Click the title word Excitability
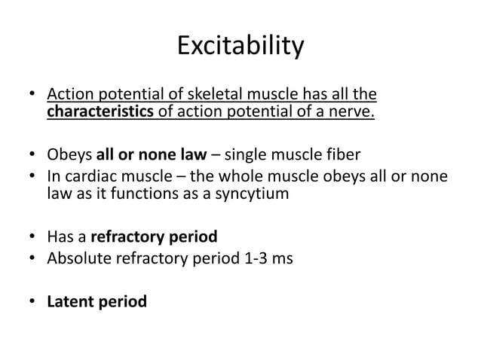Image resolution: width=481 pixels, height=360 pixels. [x=240, y=47]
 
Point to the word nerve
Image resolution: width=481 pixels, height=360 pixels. [x=355, y=112]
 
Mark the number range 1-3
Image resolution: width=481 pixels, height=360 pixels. [x=246, y=258]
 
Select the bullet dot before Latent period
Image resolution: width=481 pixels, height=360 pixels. [x=32, y=303]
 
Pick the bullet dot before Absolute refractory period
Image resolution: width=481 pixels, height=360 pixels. [x=32, y=259]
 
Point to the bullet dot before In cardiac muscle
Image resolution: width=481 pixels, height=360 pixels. [x=32, y=178]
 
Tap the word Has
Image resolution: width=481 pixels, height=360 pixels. [x=60, y=237]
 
